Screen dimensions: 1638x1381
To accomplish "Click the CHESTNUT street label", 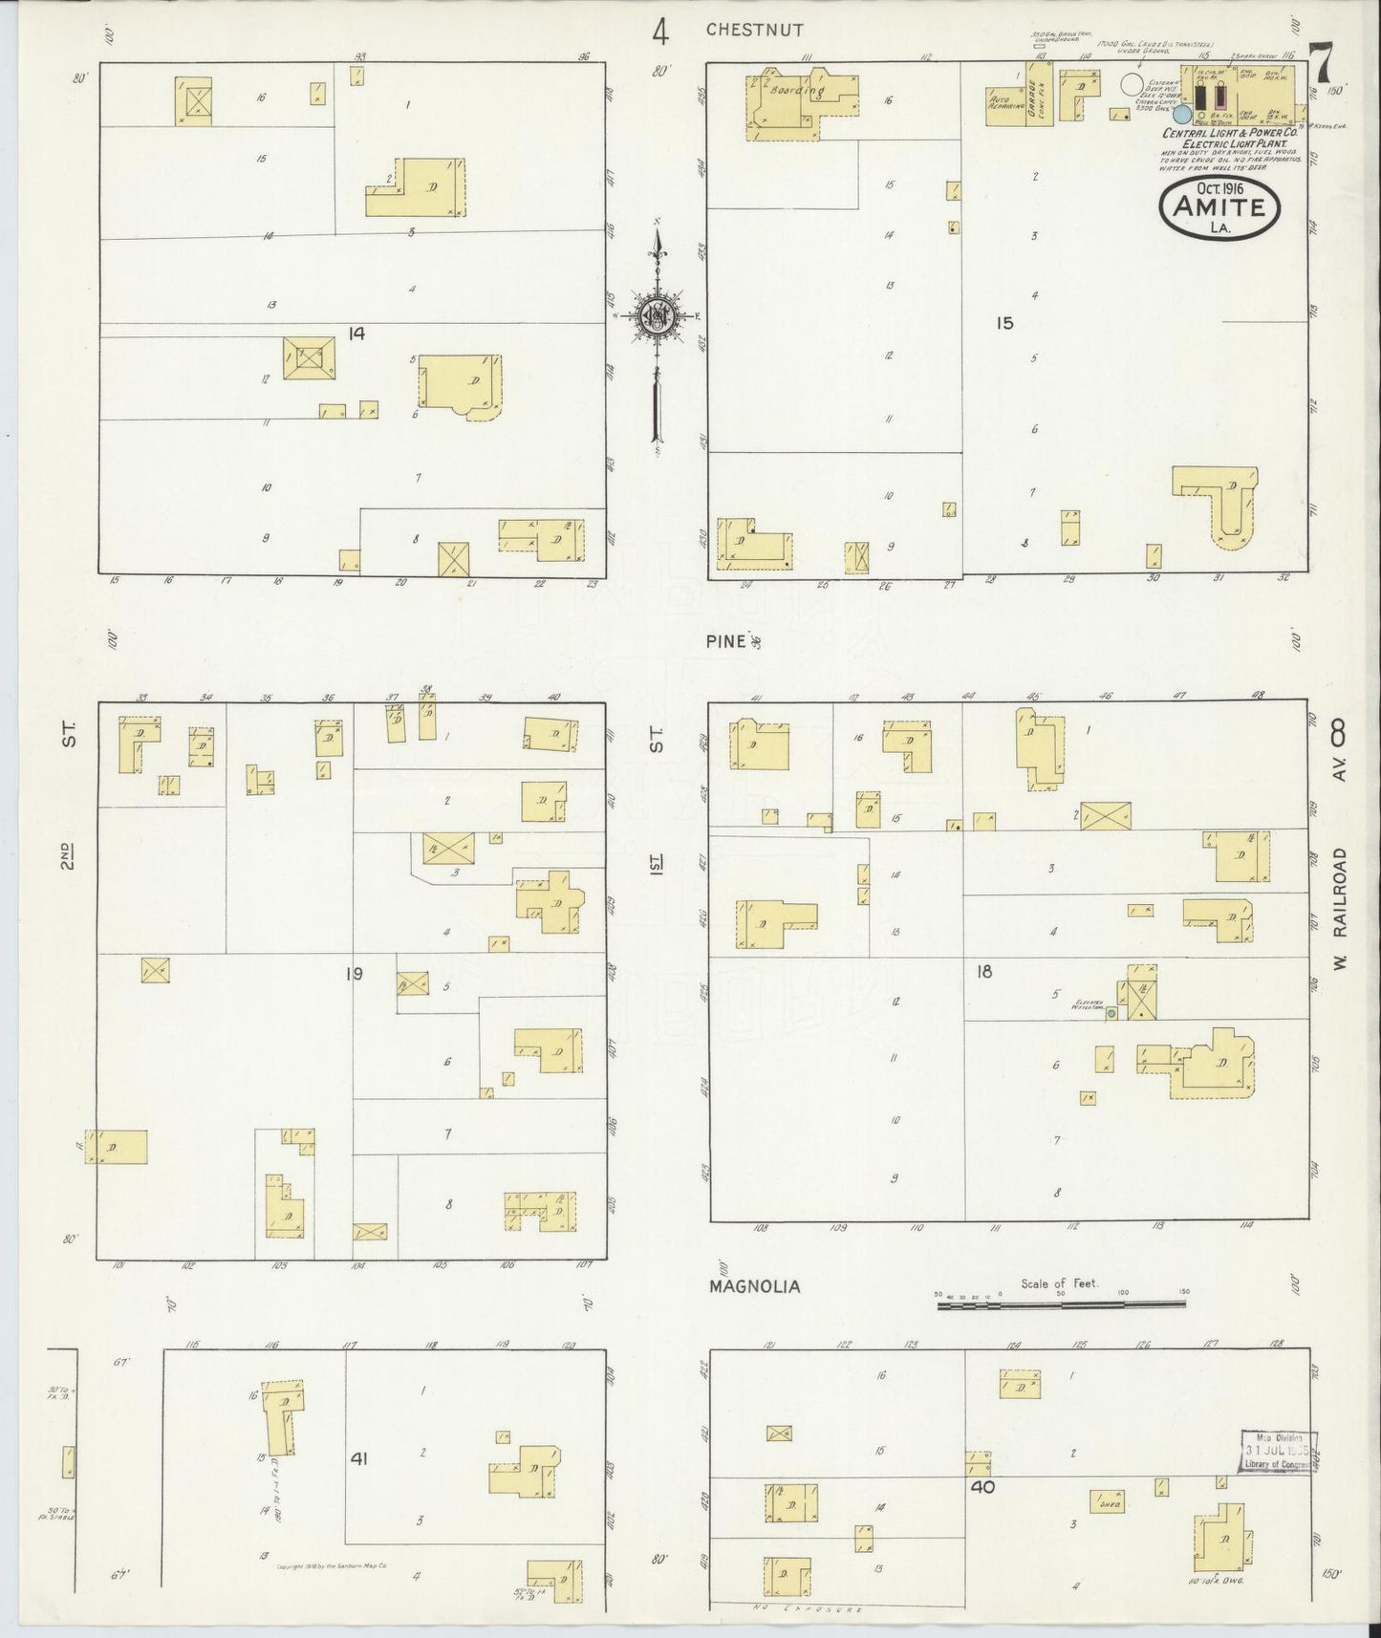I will click(754, 30).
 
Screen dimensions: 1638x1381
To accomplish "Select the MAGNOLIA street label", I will click(754, 1286).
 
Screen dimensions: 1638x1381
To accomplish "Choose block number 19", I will click(354, 974).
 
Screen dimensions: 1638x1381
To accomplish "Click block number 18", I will click(983, 972).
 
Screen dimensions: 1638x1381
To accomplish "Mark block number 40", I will click(983, 1486).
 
